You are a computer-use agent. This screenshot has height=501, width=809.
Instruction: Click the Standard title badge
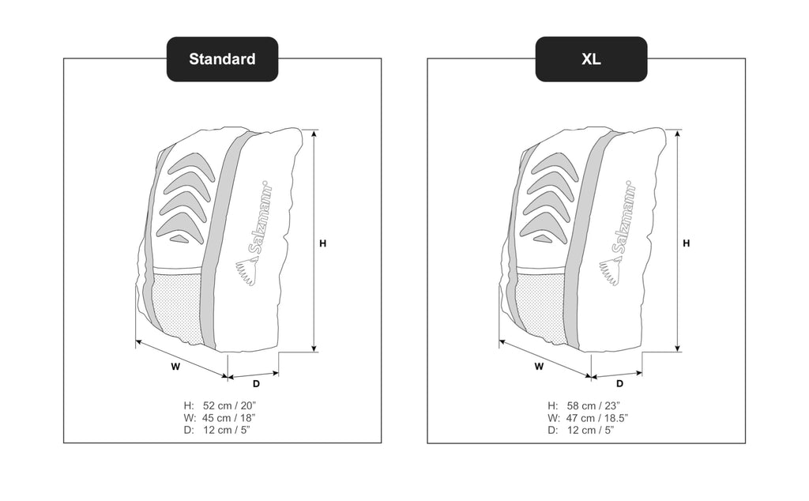pyautogui.click(x=222, y=58)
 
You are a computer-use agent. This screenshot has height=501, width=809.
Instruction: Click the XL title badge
pyautogui.click(x=591, y=58)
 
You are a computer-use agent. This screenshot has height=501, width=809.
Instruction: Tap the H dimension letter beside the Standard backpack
pyautogui.click(x=323, y=243)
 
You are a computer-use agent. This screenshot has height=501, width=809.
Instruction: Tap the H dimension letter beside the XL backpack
pyautogui.click(x=687, y=243)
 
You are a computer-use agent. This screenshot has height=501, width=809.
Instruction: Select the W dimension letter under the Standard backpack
pyautogui.click(x=175, y=367)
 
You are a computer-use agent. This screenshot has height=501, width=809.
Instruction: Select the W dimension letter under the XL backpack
pyautogui.click(x=539, y=367)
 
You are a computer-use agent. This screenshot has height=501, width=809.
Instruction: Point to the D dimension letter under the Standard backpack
pyautogui.click(x=257, y=384)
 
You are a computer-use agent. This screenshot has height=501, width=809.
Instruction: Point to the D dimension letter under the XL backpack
pyautogui.click(x=619, y=384)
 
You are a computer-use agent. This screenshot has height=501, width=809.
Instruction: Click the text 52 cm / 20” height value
pyautogui.click(x=229, y=405)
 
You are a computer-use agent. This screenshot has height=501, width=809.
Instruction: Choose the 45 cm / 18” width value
pyautogui.click(x=228, y=418)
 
